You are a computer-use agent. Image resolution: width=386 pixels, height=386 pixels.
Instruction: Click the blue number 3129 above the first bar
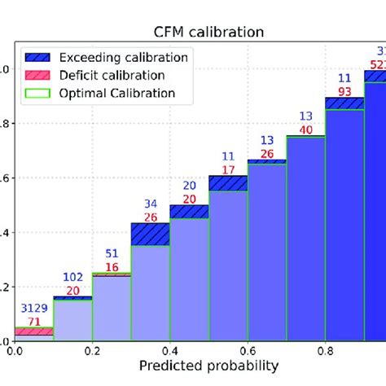(x=33, y=309)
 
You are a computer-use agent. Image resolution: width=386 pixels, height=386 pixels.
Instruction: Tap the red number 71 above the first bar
(x=33, y=322)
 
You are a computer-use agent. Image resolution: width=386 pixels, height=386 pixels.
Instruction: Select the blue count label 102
(x=72, y=278)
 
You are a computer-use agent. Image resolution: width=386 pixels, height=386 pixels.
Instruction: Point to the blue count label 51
(x=112, y=253)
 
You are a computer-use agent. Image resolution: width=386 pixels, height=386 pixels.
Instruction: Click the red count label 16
(x=112, y=267)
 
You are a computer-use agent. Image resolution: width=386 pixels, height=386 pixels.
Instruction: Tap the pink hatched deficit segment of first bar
(x=33, y=331)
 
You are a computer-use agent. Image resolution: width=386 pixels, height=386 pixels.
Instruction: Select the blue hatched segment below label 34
(x=150, y=234)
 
